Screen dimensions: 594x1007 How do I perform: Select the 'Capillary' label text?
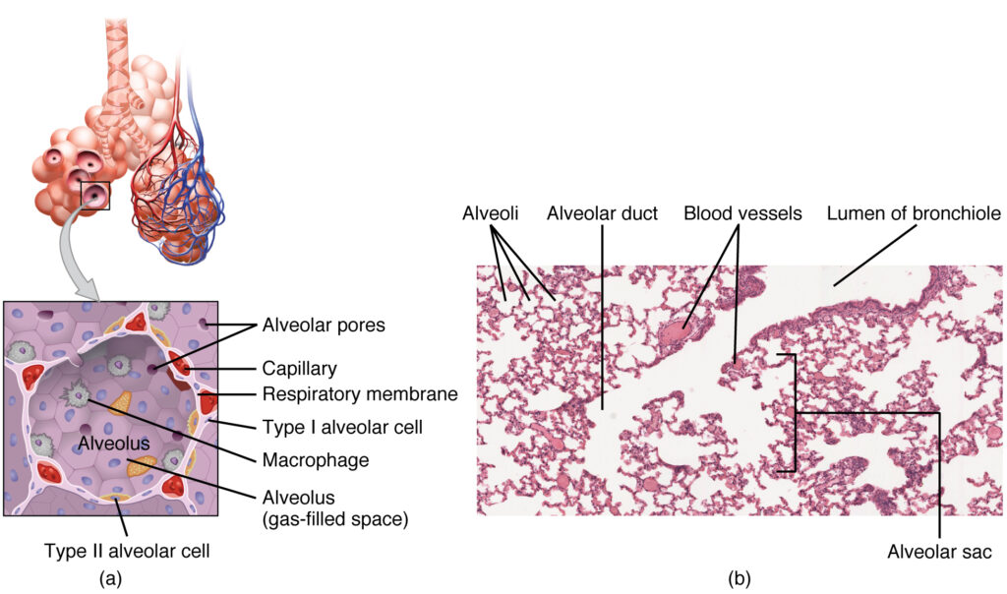299,369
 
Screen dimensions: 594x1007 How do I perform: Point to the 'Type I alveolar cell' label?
331,427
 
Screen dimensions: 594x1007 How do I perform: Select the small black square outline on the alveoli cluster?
95,195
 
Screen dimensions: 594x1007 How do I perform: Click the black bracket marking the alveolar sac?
794,413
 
